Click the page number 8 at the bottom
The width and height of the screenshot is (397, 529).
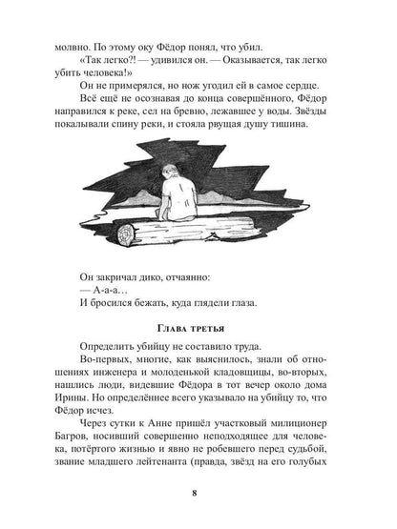pyautogui.click(x=198, y=493)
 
